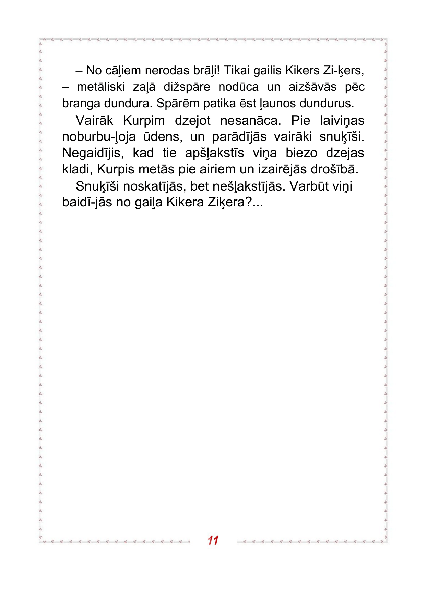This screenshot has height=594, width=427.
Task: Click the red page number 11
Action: click(213, 541)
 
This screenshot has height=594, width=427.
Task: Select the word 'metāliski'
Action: click(101, 87)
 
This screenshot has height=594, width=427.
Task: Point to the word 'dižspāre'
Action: click(187, 87)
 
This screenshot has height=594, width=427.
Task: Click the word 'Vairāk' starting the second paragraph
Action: click(94, 121)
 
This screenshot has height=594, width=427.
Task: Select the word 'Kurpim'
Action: click(144, 121)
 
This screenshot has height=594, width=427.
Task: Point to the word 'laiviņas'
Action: click(342, 121)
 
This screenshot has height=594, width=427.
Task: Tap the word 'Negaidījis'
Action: click(93, 153)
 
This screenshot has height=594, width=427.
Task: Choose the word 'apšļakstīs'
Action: click(214, 153)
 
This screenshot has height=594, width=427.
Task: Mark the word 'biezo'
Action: click(301, 153)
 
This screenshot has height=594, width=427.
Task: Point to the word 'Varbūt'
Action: click(309, 186)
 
